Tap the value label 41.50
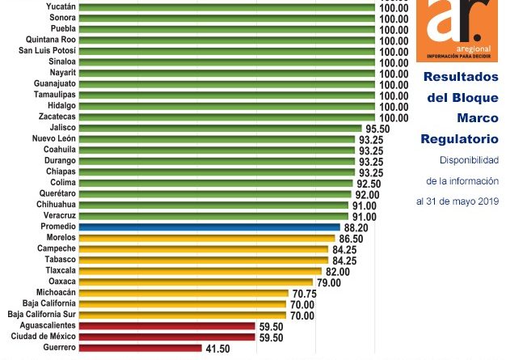pyautogui.click(x=217, y=349)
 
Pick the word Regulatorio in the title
pyautogui.click(x=459, y=139)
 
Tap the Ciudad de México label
pyautogui.click(x=44, y=337)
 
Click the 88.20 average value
pyautogui.click(x=356, y=228)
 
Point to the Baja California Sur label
pyautogui.click(x=41, y=315)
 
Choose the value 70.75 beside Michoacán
pyautogui.click(x=304, y=294)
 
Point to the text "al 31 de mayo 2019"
pyautogui.click(x=458, y=201)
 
